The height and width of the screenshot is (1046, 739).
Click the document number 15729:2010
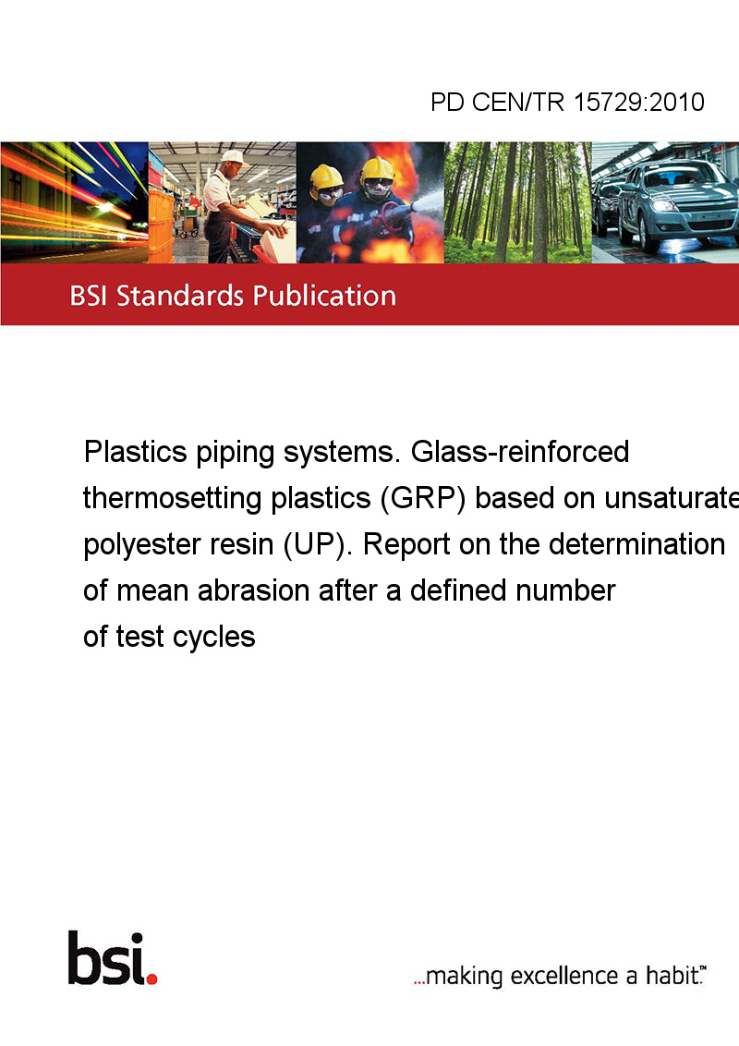pos(639,102)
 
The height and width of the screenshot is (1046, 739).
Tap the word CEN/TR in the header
pos(517,102)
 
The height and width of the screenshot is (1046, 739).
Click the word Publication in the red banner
pos(324,296)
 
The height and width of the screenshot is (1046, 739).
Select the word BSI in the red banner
pos(89,296)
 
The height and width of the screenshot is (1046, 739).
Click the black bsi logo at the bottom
pos(112,958)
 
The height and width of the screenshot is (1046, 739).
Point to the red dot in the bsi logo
pos(151,979)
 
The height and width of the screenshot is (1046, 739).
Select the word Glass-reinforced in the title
pos(519,452)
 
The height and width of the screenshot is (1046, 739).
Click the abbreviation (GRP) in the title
pos(422,498)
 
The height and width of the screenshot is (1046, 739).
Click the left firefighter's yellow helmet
pos(326,176)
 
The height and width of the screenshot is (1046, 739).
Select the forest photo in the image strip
pos(517,202)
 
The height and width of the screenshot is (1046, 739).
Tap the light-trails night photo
pos(75,202)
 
